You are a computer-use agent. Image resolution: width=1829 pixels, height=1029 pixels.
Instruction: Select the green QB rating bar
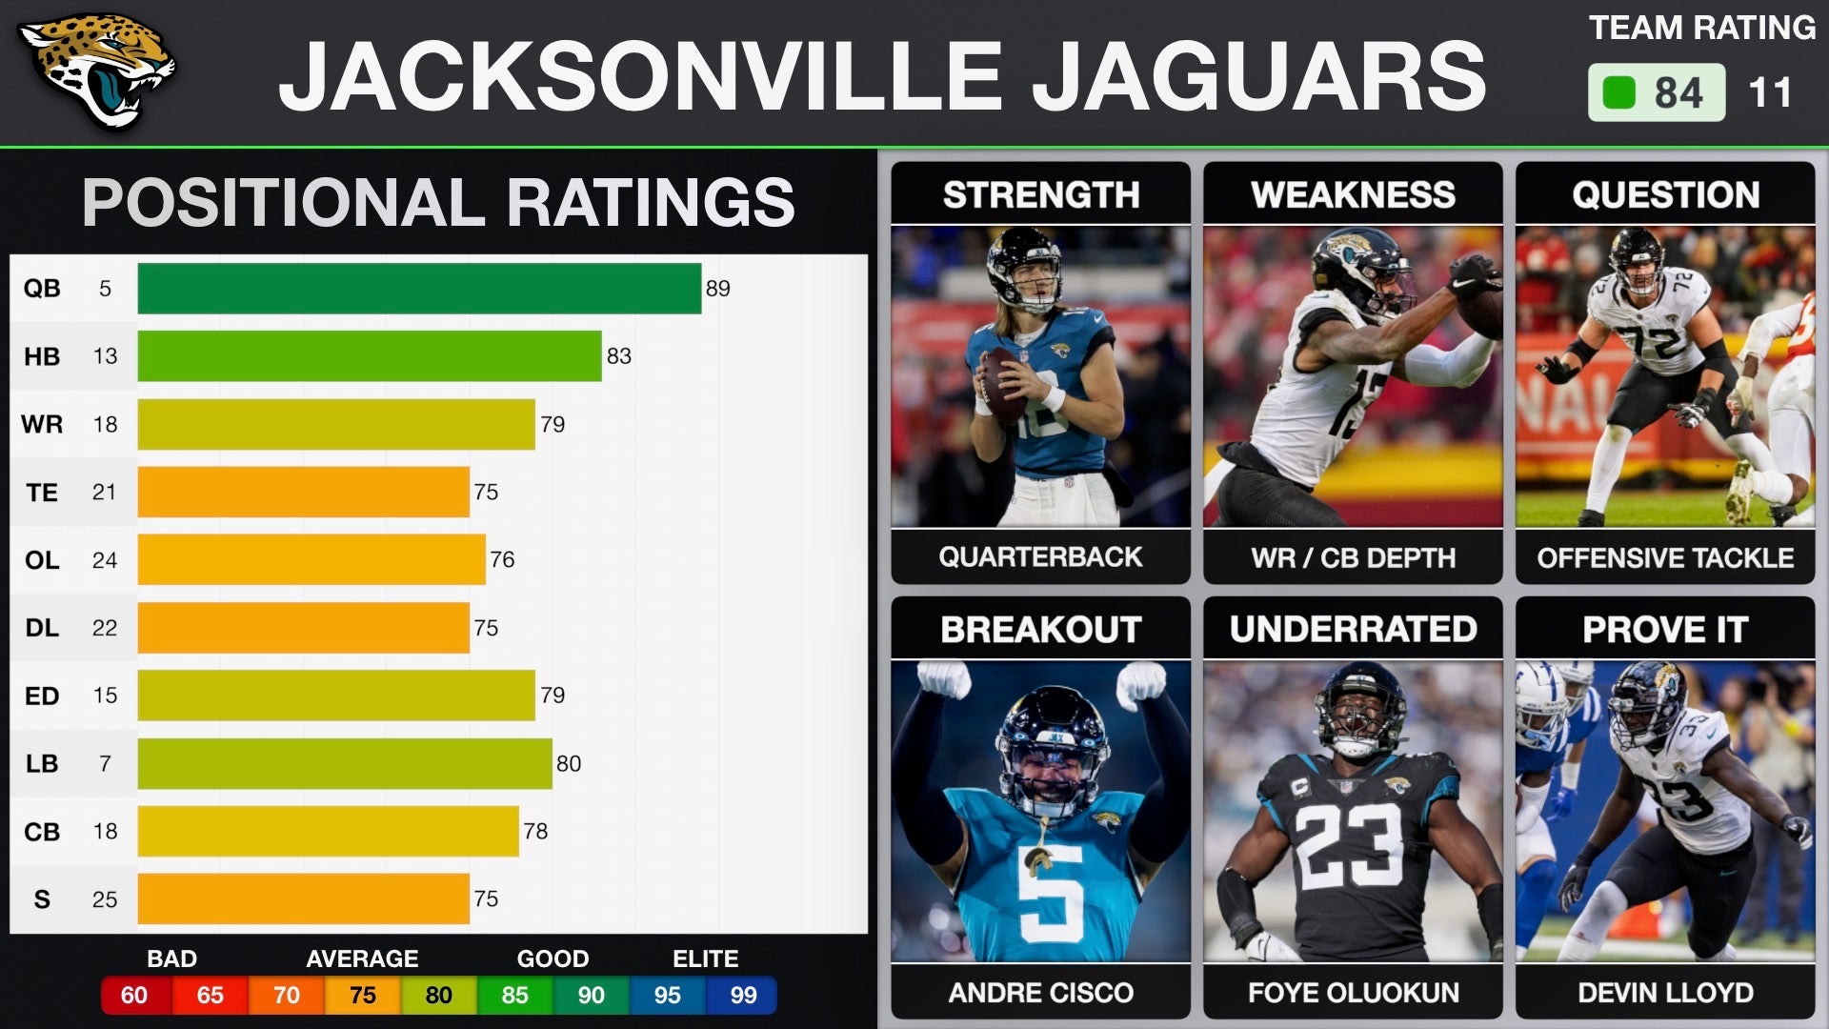(419, 288)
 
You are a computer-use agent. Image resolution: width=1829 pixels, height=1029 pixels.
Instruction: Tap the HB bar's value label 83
(619, 356)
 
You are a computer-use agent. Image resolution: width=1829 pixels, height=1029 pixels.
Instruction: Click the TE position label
(42, 493)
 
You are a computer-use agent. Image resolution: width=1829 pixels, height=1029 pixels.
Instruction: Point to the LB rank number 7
(105, 764)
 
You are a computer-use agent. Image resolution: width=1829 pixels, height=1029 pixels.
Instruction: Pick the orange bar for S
(303, 899)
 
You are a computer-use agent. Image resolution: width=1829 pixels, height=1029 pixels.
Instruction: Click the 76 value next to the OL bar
(502, 560)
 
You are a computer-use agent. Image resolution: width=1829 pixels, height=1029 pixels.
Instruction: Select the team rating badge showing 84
(1657, 92)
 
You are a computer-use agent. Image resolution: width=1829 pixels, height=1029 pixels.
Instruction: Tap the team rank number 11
(1770, 93)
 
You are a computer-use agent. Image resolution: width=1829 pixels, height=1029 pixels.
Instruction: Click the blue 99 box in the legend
(743, 996)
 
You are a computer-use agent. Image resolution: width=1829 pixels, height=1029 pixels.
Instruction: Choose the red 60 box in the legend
(134, 996)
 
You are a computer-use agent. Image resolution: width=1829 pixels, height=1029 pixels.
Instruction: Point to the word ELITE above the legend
(705, 958)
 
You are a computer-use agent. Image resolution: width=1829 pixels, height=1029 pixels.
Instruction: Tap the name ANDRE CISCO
(1040, 993)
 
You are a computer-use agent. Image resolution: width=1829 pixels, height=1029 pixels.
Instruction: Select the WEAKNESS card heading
(1353, 195)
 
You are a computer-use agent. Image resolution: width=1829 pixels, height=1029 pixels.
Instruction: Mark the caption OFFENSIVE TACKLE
(1665, 558)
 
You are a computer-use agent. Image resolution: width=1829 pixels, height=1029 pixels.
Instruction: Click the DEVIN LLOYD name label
(1665, 993)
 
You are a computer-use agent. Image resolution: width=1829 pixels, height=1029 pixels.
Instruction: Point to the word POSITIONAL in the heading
(285, 202)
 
